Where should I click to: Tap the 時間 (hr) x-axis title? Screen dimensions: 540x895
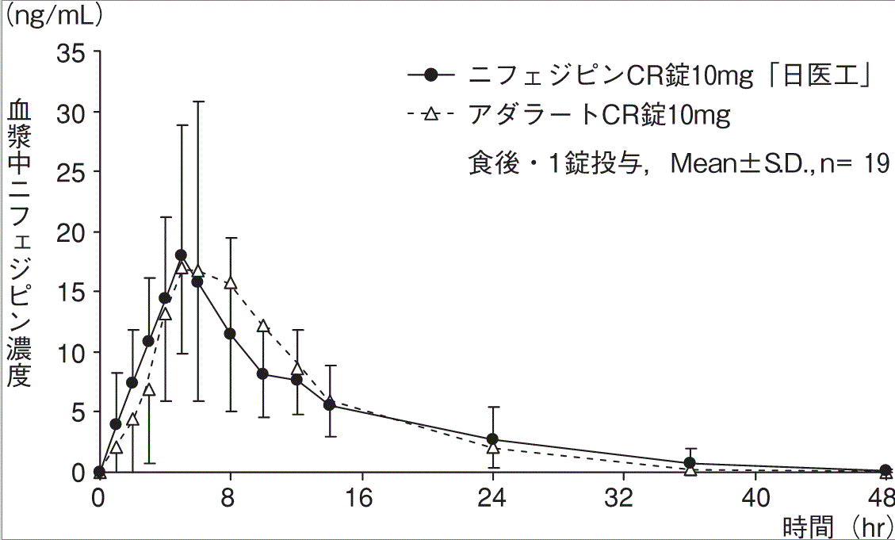pos(837,527)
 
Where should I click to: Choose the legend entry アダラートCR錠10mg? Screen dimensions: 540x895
pos(598,116)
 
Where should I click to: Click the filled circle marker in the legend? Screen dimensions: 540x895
pos(430,75)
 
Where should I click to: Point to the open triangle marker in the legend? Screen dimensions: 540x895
pos(430,116)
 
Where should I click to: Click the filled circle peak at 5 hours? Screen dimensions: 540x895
pos(181,255)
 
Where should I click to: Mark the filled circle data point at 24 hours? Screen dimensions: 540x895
pos(493,439)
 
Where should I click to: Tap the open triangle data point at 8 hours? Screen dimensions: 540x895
pos(231,283)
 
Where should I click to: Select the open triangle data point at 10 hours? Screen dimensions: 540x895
pos(263,326)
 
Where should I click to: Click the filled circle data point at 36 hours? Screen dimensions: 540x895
pos(690,463)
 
